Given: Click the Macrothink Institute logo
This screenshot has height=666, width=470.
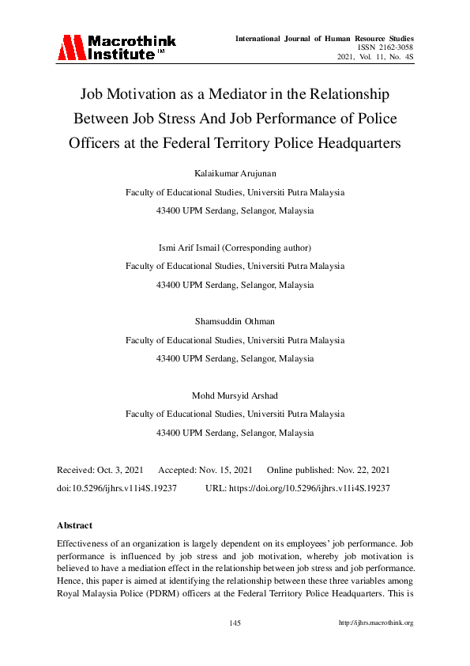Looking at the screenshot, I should coord(116,47).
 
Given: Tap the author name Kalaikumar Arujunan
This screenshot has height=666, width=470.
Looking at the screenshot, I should coord(235,172).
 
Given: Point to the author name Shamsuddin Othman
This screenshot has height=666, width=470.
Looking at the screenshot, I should coord(235,321).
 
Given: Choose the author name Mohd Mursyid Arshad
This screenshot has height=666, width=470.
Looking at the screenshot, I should coord(235,394).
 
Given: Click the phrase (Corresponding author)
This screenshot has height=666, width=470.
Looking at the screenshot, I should coord(269,247).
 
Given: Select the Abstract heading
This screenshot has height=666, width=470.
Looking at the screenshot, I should coord(74,525).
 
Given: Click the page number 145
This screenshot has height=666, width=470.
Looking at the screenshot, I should coord(235,623).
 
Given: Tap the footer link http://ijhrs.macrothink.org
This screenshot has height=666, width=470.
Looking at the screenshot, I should coord(376,623).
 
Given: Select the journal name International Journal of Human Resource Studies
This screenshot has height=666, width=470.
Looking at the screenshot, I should coord(325,38).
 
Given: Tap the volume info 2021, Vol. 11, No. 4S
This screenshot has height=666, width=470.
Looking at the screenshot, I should coord(375,59).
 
